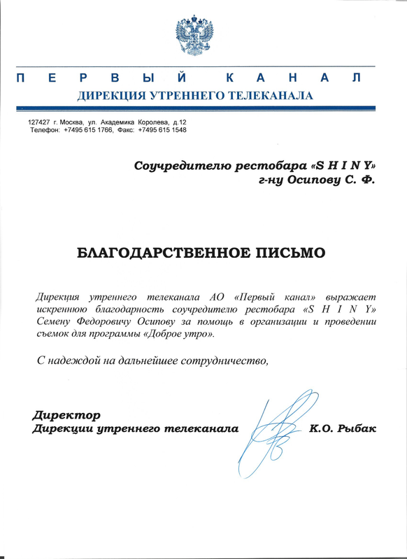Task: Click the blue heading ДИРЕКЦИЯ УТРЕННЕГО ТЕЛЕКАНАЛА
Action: pyautogui.click(x=194, y=95)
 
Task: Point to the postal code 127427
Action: pyautogui.click(x=39, y=123)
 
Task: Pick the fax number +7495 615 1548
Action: pyautogui.click(x=162, y=131)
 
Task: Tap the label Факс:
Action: pyautogui.click(x=126, y=131)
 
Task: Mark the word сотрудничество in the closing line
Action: pyautogui.click(x=223, y=361)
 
